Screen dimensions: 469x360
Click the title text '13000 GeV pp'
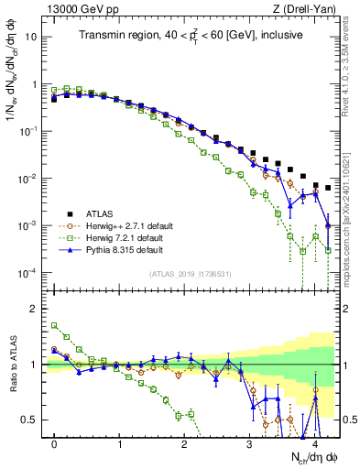[70, 9]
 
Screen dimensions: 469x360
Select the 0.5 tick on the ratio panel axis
[30, 420]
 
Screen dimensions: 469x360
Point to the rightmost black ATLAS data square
[328, 188]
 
